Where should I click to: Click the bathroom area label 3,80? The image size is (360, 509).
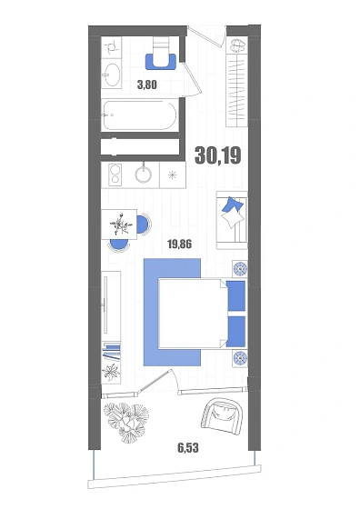[147, 85]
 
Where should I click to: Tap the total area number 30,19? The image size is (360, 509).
[218, 155]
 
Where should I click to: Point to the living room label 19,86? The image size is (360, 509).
[179, 244]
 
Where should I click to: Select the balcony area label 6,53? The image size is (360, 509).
[188, 448]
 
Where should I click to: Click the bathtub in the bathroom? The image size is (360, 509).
[140, 115]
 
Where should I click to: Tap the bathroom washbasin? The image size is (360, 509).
[112, 75]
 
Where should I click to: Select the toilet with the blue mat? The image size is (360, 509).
[161, 54]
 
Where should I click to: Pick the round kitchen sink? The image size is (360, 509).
[143, 175]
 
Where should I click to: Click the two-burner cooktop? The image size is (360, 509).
[115, 175]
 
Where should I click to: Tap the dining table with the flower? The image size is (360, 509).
[119, 224]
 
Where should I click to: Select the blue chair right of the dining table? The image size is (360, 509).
[144, 224]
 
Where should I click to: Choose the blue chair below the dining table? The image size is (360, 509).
[118, 245]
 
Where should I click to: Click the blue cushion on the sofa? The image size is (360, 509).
[233, 205]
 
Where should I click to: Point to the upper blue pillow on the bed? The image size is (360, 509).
[235, 296]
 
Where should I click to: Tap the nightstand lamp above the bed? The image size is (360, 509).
[240, 269]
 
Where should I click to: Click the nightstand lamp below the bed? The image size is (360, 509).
[240, 358]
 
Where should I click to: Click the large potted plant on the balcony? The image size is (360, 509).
[126, 422]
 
